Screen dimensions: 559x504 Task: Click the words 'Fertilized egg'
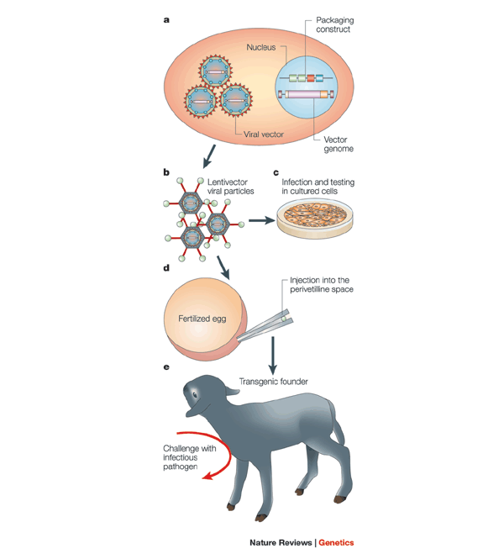pyautogui.click(x=202, y=319)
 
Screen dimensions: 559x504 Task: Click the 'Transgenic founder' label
pyautogui.click(x=280, y=381)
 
